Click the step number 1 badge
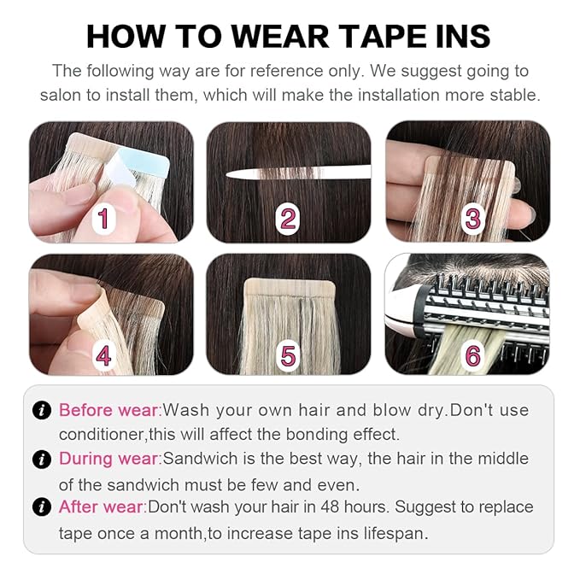104,219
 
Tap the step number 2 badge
289,219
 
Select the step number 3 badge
472,219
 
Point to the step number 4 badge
104,354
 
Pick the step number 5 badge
289,354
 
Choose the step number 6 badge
472,354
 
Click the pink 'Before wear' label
109,410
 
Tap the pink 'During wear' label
110,459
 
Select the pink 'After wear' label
102,507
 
